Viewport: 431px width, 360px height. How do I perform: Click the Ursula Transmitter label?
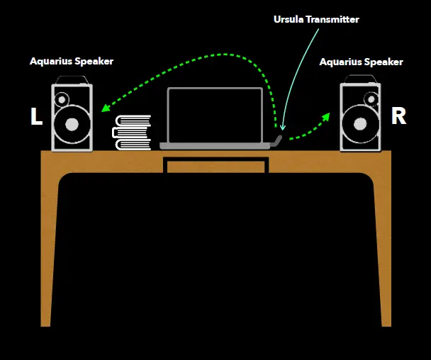tap(316, 19)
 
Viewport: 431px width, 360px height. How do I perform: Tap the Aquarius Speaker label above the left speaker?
tap(72, 61)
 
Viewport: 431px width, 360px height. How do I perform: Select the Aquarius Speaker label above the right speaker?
tap(361, 62)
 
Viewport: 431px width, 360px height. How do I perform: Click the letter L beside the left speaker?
tap(37, 118)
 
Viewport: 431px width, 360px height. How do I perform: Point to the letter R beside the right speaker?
tap(398, 117)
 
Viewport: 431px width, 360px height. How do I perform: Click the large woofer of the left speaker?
tap(71, 125)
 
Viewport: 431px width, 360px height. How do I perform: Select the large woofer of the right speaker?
tap(360, 125)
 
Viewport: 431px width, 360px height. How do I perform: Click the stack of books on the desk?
tap(133, 133)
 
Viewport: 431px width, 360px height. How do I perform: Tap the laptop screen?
tap(214, 114)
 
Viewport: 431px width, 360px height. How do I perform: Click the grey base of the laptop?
tap(214, 145)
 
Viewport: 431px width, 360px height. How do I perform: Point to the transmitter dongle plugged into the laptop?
tap(279, 139)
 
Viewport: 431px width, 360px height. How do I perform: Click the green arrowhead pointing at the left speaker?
tap(105, 108)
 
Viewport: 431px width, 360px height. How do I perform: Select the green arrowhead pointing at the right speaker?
tap(326, 114)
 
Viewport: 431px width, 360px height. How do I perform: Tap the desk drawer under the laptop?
tap(216, 166)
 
